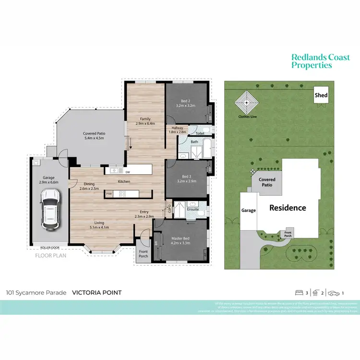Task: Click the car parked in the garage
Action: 50,208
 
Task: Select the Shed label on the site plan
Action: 321,95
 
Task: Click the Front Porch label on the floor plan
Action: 143,253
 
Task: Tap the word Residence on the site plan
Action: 288,208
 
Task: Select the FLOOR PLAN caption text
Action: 50,255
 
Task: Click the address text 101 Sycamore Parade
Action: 36,292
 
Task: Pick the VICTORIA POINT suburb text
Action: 96,292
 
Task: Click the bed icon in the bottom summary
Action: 299,292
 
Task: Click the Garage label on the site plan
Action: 249,210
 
